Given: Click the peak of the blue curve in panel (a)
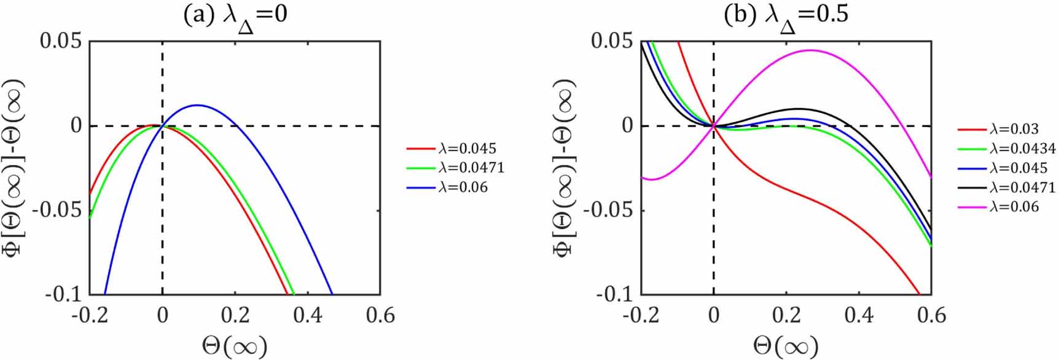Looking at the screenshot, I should pos(197,105).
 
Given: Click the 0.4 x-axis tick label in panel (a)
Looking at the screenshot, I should pos(308,315).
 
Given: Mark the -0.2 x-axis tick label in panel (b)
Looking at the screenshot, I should pos(640,315).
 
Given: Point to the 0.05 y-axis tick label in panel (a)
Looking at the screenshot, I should pos(60,42).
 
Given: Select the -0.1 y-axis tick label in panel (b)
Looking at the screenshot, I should pos(614,294).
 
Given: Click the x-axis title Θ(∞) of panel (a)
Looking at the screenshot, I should pos(235,346).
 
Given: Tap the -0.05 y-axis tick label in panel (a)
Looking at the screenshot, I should pos(57,210).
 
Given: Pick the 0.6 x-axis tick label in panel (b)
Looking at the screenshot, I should pos(931,315).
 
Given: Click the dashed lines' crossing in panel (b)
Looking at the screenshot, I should pos(713,126).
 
